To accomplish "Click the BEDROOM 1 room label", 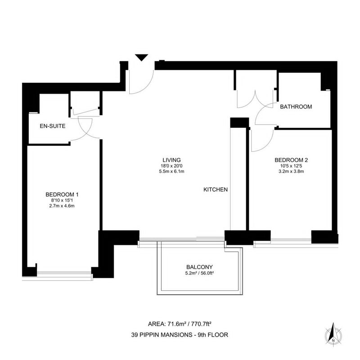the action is coord(62,194).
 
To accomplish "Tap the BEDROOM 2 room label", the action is coord(291,160).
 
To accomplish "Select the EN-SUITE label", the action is coord(53,126).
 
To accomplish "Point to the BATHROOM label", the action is coord(296,107).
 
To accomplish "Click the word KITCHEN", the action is coord(216,189).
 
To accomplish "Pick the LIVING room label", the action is coord(171,160).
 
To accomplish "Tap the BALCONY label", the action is coord(199,267).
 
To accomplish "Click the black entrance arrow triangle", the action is coord(141,58).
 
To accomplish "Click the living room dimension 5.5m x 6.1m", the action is coord(171,171).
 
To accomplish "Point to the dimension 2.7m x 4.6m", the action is coord(62,206).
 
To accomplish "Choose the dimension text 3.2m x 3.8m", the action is coord(291,171).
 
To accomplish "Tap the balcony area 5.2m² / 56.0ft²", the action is coord(199,273).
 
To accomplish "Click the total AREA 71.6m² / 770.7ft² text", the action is coord(180,324).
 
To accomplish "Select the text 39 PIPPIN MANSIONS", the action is coord(162,335).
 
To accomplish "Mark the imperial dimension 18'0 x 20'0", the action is coord(171,166).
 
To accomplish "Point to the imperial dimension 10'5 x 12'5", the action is coord(291,166).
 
